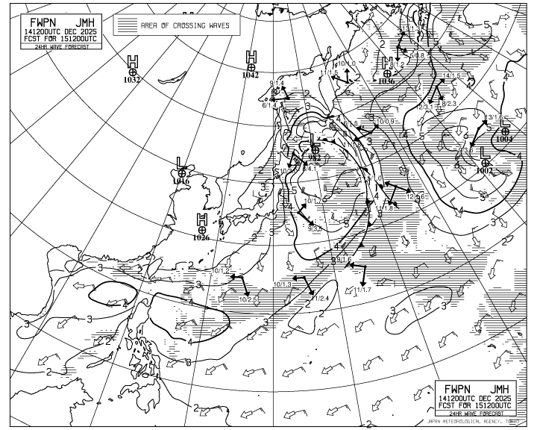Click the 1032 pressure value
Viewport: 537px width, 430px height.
[132, 80]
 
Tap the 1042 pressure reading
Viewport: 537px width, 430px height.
[251, 75]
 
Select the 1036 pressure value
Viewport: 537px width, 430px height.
[386, 81]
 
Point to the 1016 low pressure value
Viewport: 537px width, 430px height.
[180, 181]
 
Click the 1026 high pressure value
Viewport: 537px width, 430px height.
[201, 238]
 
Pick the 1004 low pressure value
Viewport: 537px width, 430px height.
[505, 140]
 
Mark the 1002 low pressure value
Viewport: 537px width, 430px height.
[485, 171]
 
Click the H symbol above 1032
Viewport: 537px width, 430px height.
[133, 60]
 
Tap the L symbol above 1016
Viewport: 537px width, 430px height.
[180, 162]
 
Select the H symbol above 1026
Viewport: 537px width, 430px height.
[201, 219]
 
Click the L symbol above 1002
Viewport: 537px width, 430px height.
[486, 152]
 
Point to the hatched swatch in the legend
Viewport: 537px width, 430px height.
[128, 25]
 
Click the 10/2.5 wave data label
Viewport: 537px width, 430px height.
[248, 299]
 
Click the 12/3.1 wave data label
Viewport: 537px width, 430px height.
[426, 107]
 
